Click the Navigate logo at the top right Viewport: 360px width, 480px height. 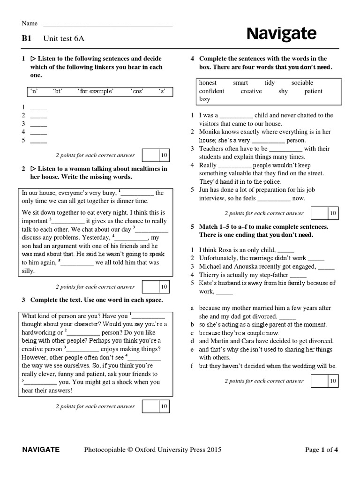click(x=281, y=34)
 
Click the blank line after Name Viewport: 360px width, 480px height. click(x=108, y=24)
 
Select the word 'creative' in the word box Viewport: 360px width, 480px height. click(x=251, y=91)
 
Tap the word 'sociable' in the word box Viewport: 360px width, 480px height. click(x=302, y=83)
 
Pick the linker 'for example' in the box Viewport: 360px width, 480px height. click(x=96, y=91)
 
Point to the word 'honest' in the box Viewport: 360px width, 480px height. click(x=208, y=83)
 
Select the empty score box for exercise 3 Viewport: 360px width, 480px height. click(x=150, y=406)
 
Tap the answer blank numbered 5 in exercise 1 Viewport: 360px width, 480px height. click(x=38, y=140)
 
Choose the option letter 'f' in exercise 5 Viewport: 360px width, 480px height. click(x=192, y=366)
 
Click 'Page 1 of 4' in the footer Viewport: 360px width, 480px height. click(x=321, y=450)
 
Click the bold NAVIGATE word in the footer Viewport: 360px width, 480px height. click(x=41, y=450)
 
